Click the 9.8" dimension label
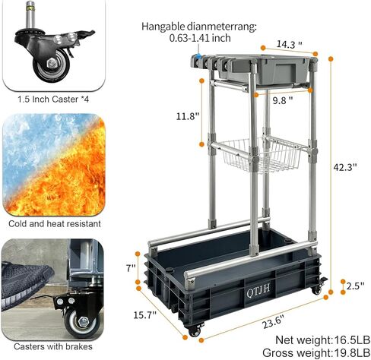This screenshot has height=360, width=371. point(281,99)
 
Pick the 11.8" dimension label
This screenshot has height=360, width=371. point(187,116)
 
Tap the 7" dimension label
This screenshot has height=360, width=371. point(132,268)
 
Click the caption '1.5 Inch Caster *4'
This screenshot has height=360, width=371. point(51,98)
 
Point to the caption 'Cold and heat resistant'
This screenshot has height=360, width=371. point(52,224)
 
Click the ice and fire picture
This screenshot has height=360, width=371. point(51,165)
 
